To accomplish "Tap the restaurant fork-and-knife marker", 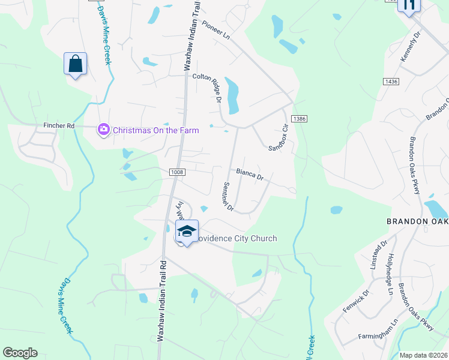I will (x=409, y=5).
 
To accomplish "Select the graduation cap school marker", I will (x=187, y=231).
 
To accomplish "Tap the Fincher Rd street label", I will (x=59, y=126).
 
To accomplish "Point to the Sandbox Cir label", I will (x=279, y=137).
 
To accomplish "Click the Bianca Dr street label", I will (x=250, y=174).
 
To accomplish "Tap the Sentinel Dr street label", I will (x=228, y=197).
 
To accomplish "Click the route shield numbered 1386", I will (x=300, y=119).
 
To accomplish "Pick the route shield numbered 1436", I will (x=391, y=81).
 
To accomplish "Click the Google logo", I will (x=20, y=353).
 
